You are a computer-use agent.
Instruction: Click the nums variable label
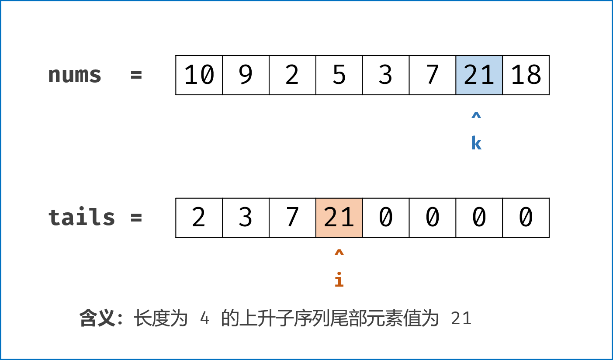pyautogui.click(x=75, y=75)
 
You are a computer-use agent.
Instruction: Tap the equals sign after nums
pyautogui.click(x=136, y=75)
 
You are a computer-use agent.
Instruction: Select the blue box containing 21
pyautogui.click(x=479, y=75)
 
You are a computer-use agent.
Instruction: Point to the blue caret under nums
pyautogui.click(x=476, y=116)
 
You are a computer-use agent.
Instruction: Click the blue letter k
pyautogui.click(x=476, y=143)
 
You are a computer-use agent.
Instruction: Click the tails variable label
pyautogui.click(x=82, y=217)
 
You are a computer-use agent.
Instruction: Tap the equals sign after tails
pyautogui.click(x=136, y=217)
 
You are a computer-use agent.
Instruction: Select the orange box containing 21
pyautogui.click(x=339, y=218)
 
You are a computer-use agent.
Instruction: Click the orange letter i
pyautogui.click(x=339, y=280)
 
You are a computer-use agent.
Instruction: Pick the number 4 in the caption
pyautogui.click(x=204, y=319)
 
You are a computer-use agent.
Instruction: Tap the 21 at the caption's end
pyautogui.click(x=461, y=319)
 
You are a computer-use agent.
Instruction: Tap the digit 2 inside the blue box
pyautogui.click(x=471, y=75)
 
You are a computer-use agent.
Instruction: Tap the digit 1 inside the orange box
pyautogui.click(x=348, y=218)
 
